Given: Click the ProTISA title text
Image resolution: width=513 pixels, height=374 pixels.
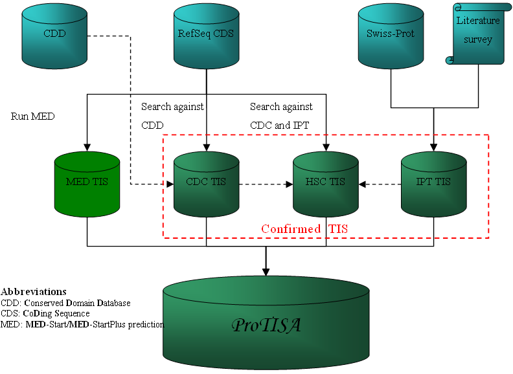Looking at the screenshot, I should point(266,325).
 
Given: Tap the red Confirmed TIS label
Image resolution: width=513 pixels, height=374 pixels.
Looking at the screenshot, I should point(304,229).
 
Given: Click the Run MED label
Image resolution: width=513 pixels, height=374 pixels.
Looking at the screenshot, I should point(33,117).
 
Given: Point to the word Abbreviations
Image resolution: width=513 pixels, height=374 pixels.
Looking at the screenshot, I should point(34,292).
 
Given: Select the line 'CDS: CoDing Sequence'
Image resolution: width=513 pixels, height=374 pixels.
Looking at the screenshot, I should point(45,313).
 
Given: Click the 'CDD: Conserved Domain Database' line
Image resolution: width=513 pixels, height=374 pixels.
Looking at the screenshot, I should point(65,303).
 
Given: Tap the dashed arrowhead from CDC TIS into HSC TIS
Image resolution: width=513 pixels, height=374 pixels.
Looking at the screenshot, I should point(290,184).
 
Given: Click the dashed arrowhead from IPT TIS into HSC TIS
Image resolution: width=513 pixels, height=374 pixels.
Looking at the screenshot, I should point(362,184).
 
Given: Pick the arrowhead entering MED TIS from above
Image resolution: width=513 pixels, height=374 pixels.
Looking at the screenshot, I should point(87,147).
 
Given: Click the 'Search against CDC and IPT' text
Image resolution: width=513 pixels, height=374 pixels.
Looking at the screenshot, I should point(281,116).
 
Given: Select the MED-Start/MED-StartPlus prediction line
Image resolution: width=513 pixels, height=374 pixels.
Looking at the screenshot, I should point(82,324).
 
